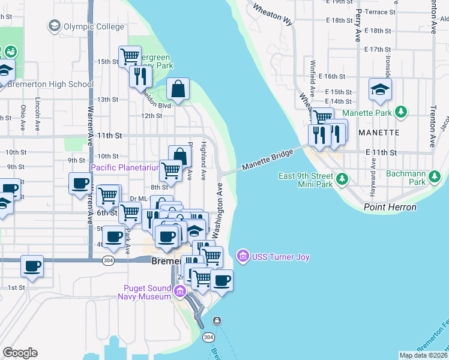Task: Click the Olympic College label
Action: click(94, 26)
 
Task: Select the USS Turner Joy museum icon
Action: click(243, 257)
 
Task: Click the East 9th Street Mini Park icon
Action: click(342, 179)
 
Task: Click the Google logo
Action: click(20, 353)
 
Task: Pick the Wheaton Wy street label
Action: click(272, 14)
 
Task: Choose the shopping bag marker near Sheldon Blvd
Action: click(178, 89)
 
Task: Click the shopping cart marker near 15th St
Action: click(130, 57)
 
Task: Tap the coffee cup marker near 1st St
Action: click(32, 266)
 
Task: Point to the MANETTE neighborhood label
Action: click(379, 132)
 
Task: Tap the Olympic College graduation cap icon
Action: click(55, 26)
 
